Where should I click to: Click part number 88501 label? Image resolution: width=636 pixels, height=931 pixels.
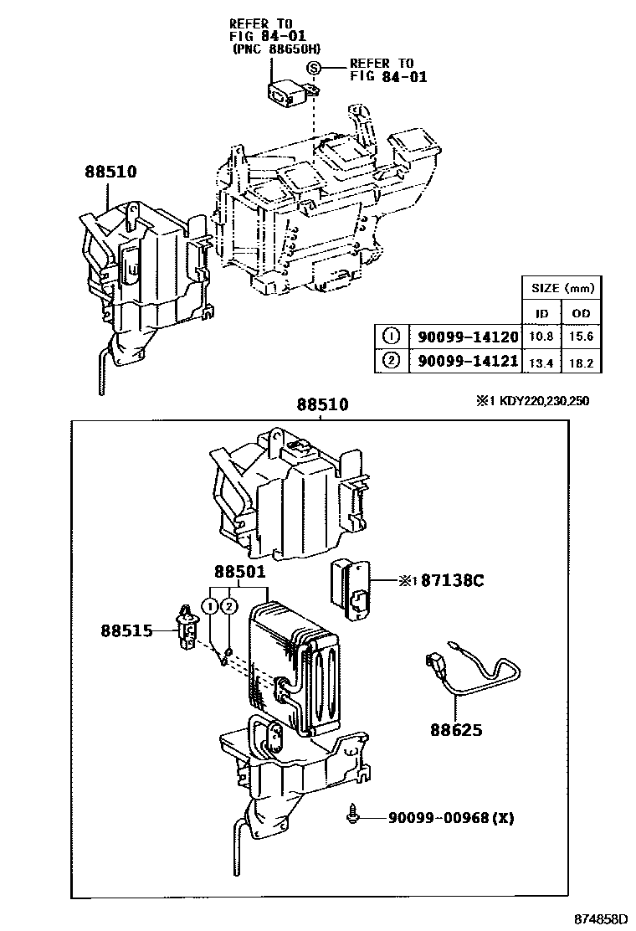[239, 573]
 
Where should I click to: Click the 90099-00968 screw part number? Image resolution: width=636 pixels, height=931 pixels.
[438, 817]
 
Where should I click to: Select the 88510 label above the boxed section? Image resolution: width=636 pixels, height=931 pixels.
[322, 405]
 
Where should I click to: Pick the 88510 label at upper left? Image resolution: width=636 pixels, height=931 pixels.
[110, 172]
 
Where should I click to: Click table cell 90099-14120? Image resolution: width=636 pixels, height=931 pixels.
[464, 337]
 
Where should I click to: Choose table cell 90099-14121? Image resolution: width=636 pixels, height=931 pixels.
[464, 362]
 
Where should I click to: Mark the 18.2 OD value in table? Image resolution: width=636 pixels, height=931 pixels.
[581, 362]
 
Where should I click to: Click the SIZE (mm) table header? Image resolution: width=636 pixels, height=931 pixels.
[562, 288]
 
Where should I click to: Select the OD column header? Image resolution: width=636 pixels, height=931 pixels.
[581, 313]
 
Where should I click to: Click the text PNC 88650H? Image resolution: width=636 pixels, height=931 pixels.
[276, 49]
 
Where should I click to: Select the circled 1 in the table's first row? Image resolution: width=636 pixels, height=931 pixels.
[390, 337]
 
